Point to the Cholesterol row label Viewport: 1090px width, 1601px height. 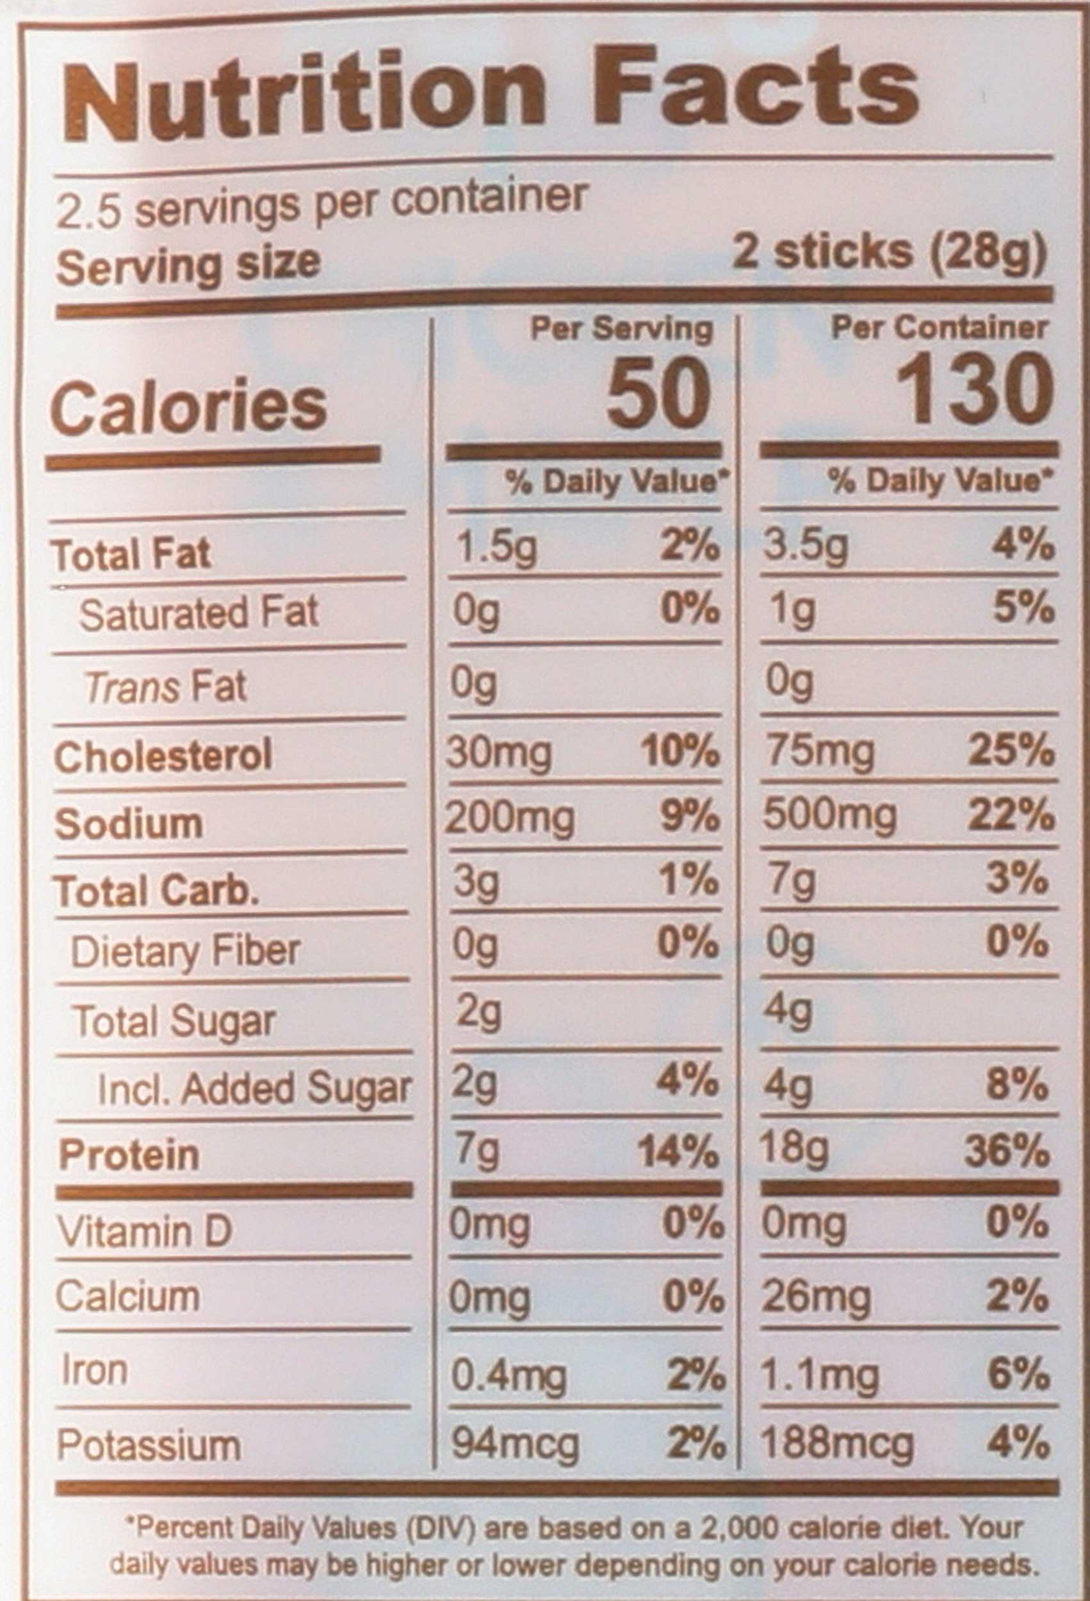click(163, 756)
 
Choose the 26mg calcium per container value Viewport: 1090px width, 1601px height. click(817, 1297)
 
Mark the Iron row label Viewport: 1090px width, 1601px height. click(94, 1370)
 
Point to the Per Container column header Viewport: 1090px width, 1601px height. click(940, 328)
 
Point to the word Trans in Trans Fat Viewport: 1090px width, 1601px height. click(133, 688)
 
